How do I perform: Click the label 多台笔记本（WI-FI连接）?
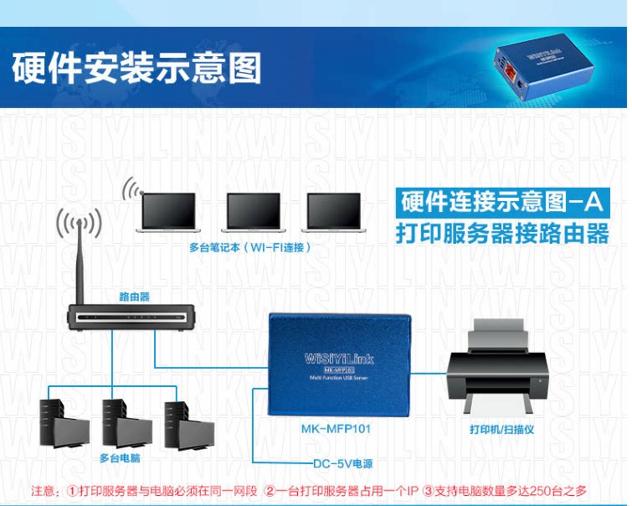[251, 248]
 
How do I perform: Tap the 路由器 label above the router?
[134, 296]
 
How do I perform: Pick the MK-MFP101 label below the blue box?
[335, 428]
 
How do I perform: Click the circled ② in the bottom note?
[270, 490]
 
